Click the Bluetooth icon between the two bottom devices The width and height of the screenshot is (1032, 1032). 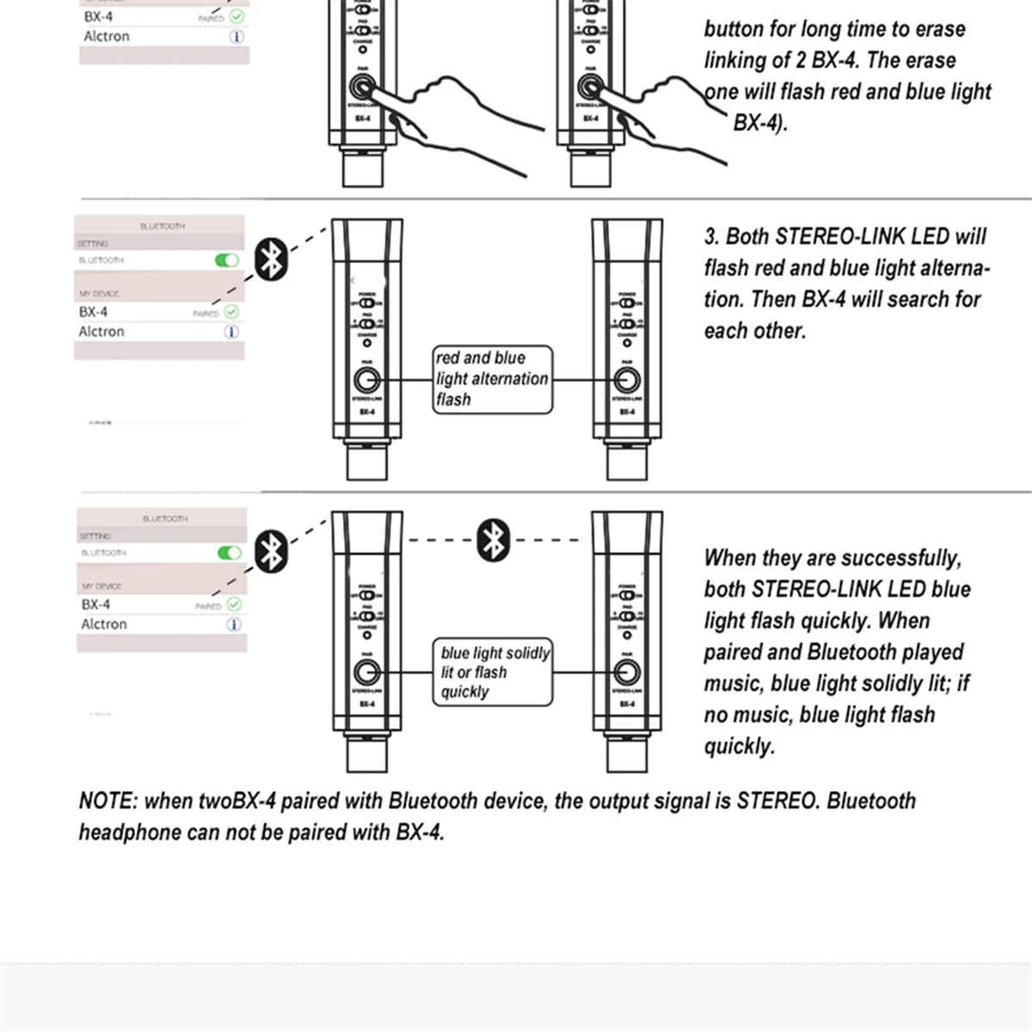(x=494, y=540)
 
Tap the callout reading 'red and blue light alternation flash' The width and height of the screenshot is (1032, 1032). (x=492, y=379)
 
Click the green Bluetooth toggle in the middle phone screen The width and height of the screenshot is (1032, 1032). (x=226, y=260)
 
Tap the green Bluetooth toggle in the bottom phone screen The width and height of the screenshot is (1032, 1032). (x=229, y=552)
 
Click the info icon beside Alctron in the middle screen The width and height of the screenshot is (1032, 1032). (x=231, y=332)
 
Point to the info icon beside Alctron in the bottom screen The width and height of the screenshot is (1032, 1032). (x=234, y=624)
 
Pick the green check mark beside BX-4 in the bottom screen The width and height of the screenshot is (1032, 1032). (x=234, y=605)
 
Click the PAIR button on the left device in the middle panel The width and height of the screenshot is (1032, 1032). (x=366, y=380)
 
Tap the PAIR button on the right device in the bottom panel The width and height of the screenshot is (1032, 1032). (x=627, y=672)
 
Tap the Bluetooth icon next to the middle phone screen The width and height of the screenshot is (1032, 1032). (x=273, y=259)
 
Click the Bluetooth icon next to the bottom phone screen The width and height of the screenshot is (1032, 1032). (x=273, y=550)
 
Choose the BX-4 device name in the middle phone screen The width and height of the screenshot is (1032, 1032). (x=93, y=312)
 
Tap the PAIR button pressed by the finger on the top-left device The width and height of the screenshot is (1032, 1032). (x=362, y=88)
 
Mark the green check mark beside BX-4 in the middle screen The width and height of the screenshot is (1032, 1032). (x=231, y=312)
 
